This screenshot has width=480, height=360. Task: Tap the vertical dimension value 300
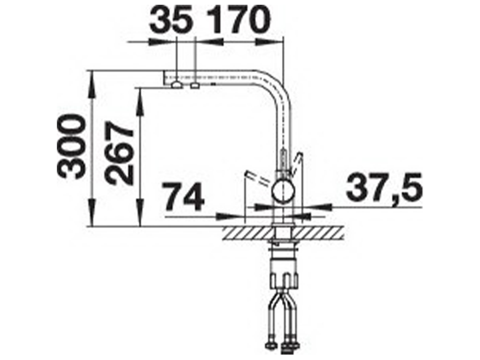[70, 146]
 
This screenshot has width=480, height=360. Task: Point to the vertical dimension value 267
[120, 153]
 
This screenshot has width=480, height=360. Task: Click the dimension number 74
[183, 197]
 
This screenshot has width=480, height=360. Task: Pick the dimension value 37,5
[383, 186]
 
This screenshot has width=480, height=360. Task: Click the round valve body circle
[283, 191]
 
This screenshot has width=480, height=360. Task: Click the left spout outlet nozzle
[177, 85]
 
